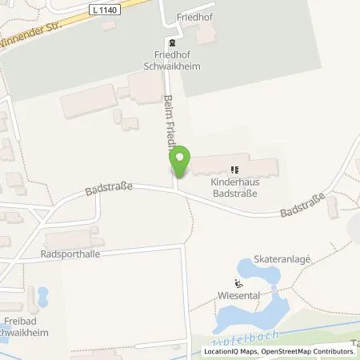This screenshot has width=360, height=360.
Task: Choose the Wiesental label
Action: click(x=238, y=295)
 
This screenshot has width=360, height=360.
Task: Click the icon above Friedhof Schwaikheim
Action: click(x=170, y=42)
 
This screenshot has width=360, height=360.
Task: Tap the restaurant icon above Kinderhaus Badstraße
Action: click(x=234, y=169)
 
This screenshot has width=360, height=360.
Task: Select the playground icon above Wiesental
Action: click(x=238, y=282)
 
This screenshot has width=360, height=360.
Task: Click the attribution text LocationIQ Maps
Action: click(x=229, y=351)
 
